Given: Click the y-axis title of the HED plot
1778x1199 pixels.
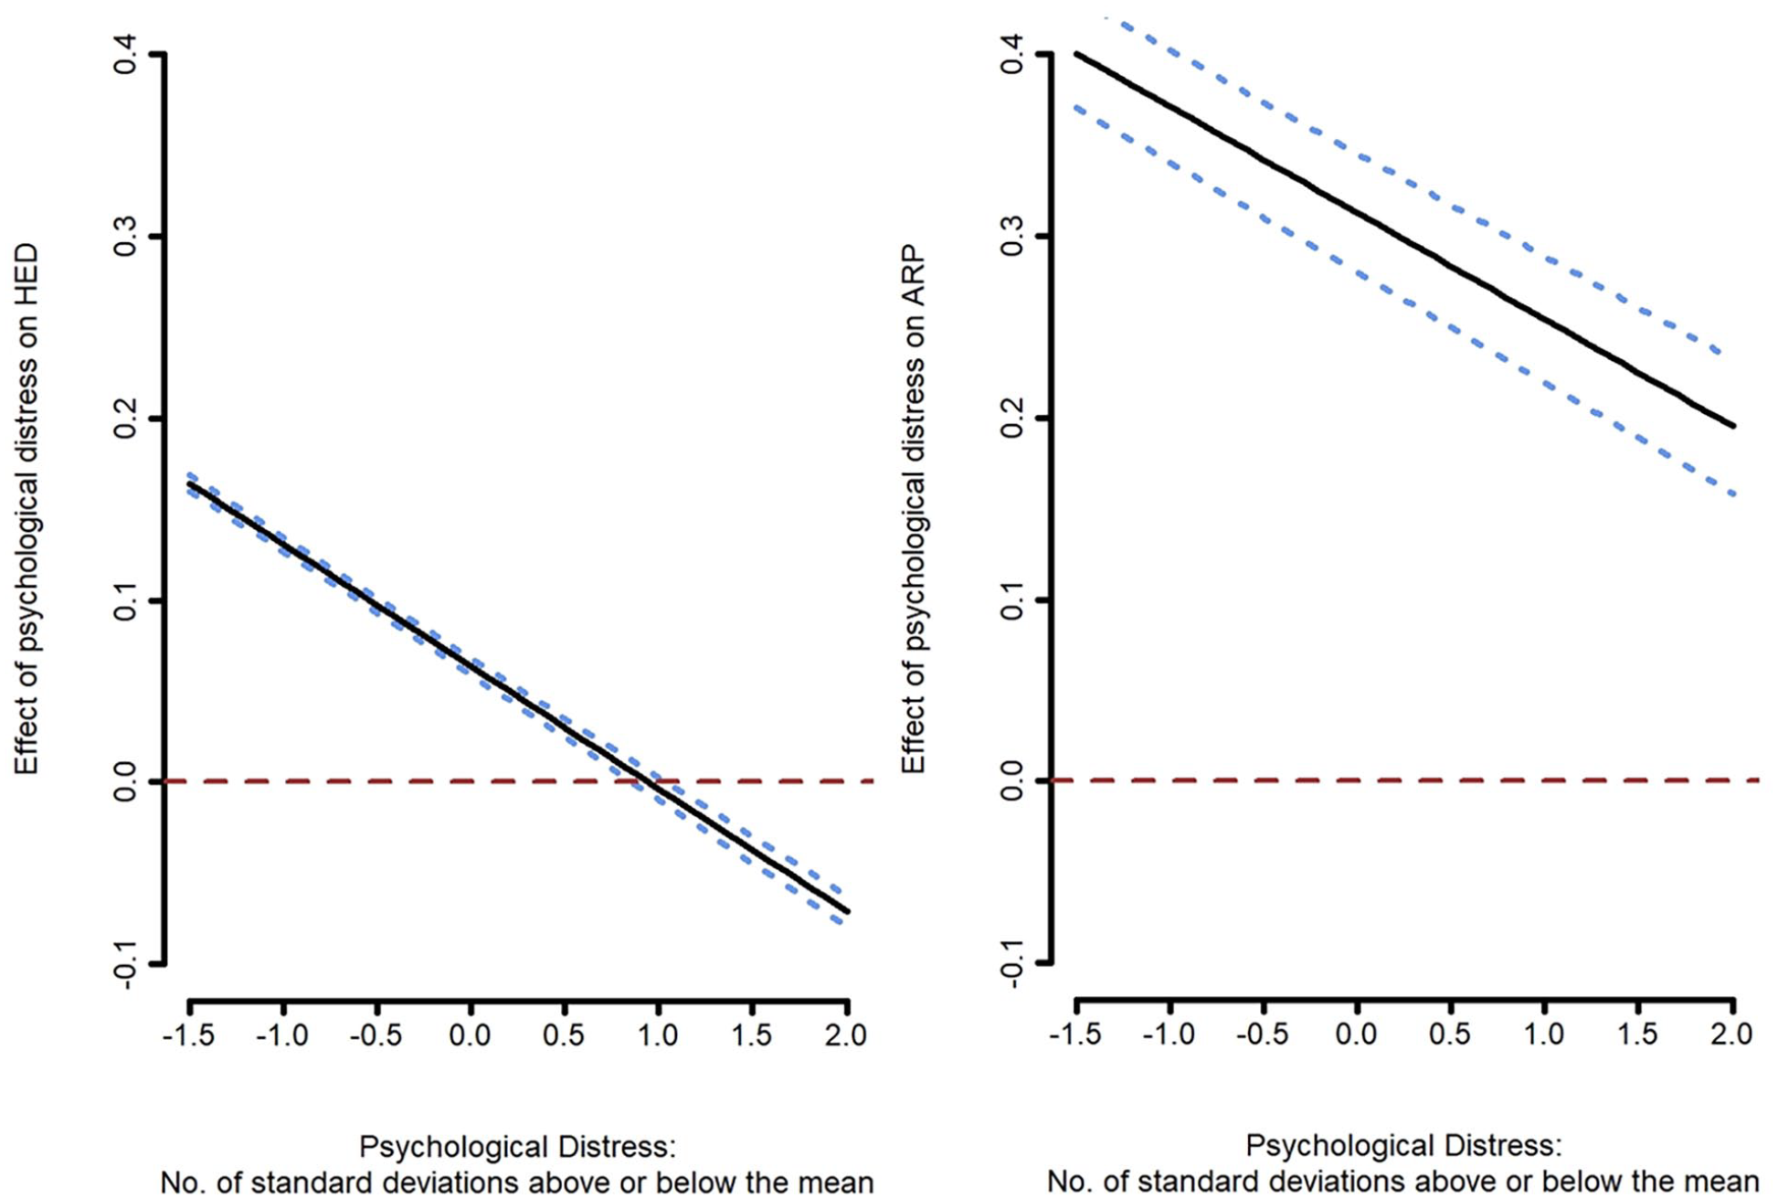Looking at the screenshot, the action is (26, 508).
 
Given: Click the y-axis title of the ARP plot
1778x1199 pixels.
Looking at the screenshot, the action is (913, 509).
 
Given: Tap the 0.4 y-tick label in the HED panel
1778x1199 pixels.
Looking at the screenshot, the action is (125, 56).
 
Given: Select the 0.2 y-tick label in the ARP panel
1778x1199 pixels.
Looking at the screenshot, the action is (1012, 419).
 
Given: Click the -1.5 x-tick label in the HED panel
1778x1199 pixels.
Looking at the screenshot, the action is (188, 1035).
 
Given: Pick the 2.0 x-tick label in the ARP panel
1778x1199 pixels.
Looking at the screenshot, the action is (1733, 1034).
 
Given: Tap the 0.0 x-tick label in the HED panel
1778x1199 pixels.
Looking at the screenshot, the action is (470, 1035).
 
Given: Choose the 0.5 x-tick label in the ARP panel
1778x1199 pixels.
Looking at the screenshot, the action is (1451, 1034).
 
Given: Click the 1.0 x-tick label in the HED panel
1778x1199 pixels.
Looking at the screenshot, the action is (657, 1035).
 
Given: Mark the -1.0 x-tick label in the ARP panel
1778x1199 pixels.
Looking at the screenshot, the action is (1169, 1034).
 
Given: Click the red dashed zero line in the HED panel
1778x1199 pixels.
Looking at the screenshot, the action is (519, 781).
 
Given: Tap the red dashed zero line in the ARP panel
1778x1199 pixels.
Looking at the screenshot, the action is (1405, 780).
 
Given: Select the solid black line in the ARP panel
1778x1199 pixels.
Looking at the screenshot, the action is (1405, 240).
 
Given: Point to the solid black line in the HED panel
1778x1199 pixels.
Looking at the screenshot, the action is (518, 696).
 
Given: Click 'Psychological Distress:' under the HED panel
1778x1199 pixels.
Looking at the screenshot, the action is (517, 1147).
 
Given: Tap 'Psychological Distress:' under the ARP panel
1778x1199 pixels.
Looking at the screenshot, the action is (1403, 1146).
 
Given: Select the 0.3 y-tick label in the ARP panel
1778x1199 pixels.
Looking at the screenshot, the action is (1012, 237).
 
